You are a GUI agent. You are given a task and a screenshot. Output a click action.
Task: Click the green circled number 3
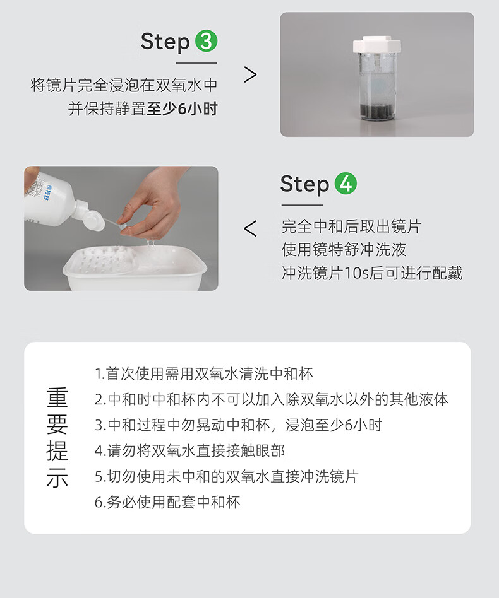click(206, 41)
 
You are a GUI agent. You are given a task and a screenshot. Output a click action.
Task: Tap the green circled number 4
click(346, 184)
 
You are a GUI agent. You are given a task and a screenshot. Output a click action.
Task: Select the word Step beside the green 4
click(304, 185)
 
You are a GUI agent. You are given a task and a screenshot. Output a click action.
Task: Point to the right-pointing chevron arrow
click(250, 74)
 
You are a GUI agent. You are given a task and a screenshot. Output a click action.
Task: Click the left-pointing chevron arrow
click(250, 229)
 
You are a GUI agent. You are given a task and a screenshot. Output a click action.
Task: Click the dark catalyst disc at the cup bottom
click(376, 110)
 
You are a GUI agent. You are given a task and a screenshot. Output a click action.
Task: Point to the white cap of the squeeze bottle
click(90, 216)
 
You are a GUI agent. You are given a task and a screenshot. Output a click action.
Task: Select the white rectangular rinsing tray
click(135, 267)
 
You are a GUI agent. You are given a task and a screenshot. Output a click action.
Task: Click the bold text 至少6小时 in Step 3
click(182, 108)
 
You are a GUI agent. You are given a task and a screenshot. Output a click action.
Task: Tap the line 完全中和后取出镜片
click(351, 226)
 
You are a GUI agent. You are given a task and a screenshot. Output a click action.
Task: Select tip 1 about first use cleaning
click(204, 373)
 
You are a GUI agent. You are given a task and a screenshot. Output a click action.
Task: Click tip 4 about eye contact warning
click(189, 451)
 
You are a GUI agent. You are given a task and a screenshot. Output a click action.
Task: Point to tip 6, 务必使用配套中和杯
click(167, 502)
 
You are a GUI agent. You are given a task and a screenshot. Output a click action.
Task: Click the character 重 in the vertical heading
click(57, 397)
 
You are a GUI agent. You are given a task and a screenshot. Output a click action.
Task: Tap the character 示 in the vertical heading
click(57, 477)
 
